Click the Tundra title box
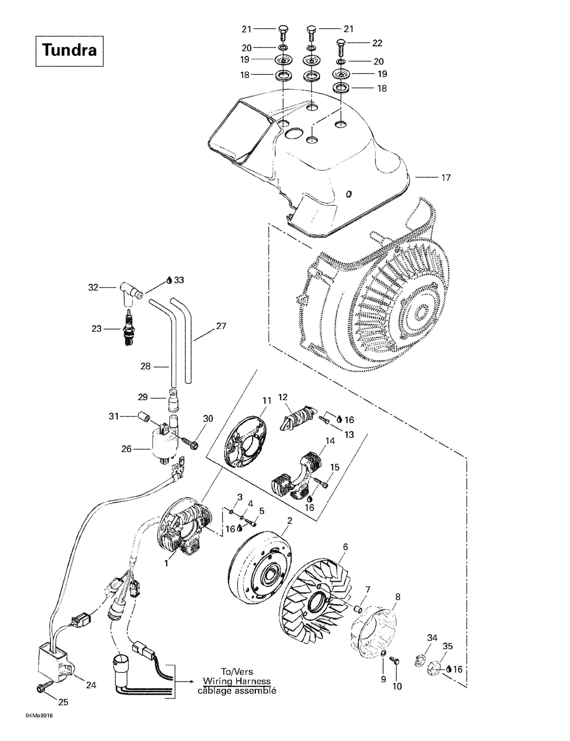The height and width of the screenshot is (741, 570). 70,51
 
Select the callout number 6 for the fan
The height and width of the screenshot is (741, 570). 345,547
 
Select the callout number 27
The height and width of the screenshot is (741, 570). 221,326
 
